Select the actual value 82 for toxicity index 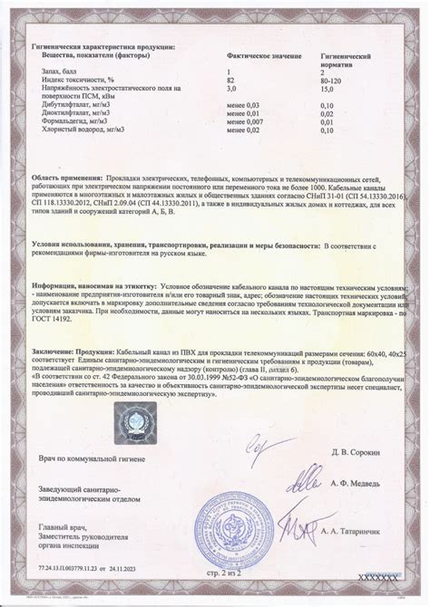click(x=230, y=80)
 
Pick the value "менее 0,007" click(x=245, y=120)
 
